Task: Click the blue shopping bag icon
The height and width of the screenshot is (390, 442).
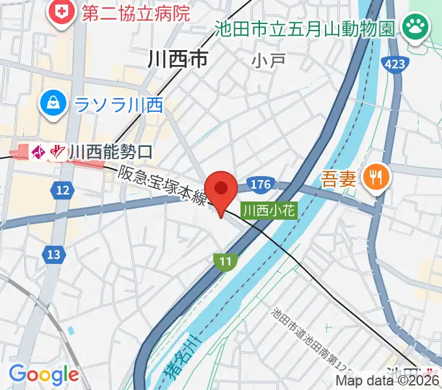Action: click(x=50, y=104)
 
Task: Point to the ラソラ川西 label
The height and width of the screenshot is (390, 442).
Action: click(x=118, y=105)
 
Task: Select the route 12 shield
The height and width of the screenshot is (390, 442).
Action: click(x=62, y=190)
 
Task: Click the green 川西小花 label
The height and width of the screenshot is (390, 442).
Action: click(x=268, y=211)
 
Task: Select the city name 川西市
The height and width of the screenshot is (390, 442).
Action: click(x=177, y=60)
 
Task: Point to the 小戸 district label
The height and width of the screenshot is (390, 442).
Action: click(x=269, y=60)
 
